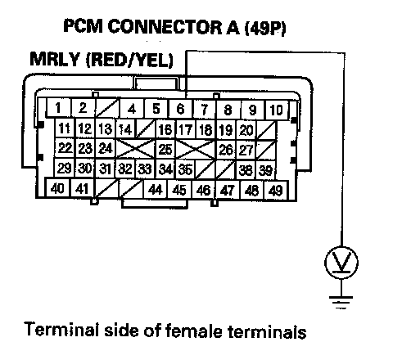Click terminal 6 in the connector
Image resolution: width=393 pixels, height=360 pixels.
(181, 109)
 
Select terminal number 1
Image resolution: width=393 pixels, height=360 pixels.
(58, 108)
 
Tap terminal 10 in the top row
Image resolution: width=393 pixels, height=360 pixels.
(276, 110)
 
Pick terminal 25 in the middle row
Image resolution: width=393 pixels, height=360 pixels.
(165, 149)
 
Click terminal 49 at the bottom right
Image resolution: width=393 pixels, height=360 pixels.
(276, 190)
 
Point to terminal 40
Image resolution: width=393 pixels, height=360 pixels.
(57, 188)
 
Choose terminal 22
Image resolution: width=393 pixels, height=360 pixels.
(65, 148)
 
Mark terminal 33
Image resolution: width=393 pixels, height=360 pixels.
(145, 169)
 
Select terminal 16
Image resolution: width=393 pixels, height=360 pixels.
(165, 129)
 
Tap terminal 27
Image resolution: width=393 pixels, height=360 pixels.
(246, 150)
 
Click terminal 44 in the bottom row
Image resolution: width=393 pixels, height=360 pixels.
(156, 189)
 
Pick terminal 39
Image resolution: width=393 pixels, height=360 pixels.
(265, 170)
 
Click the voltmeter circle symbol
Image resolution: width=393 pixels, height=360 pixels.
(341, 263)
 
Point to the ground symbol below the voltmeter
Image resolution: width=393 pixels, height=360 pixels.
(341, 302)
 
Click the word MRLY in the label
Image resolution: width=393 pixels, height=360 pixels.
(55, 59)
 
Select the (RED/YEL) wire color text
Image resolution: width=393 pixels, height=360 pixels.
(129, 60)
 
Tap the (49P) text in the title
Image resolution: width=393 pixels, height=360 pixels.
(265, 27)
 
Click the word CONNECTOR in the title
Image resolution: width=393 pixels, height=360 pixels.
(165, 26)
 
